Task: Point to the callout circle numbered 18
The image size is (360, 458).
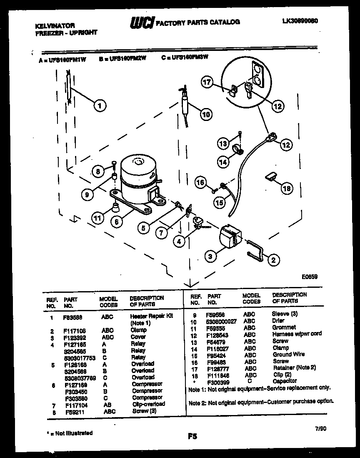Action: coord(287,189)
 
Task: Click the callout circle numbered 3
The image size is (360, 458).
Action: coord(210,256)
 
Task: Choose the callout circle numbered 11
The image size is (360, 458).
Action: coord(97,218)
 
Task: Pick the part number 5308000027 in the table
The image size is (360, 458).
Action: coord(221,321)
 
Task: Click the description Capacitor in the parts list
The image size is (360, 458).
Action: coord(285,381)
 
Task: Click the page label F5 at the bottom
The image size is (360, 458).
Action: coord(192,437)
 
